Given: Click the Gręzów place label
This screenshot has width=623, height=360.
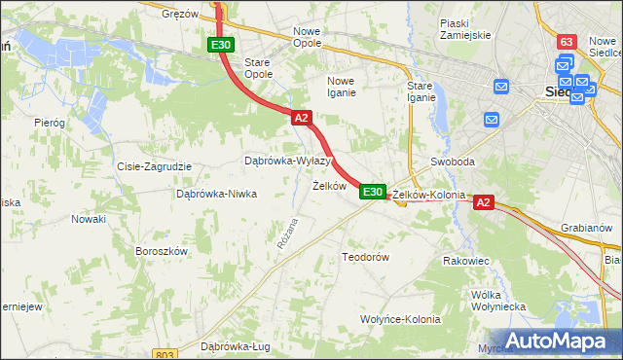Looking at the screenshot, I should (x=180, y=14).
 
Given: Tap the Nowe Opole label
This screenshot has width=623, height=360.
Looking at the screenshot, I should (x=313, y=38).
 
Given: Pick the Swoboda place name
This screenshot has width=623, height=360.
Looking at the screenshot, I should (x=452, y=162).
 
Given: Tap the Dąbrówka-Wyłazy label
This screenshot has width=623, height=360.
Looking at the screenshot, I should (x=287, y=161).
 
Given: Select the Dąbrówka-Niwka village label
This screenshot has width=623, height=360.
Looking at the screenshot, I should (x=216, y=194).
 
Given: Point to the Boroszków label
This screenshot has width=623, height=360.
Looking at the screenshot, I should (x=161, y=250).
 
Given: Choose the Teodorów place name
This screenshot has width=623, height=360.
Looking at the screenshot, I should (x=365, y=257).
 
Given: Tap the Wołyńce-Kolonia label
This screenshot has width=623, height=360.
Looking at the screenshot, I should (x=400, y=318).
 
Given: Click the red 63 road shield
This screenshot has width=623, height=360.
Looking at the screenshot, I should (x=567, y=42).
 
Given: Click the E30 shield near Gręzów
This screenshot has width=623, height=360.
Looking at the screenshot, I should (x=221, y=45).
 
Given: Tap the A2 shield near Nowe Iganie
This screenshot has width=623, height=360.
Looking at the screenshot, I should (x=301, y=118).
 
